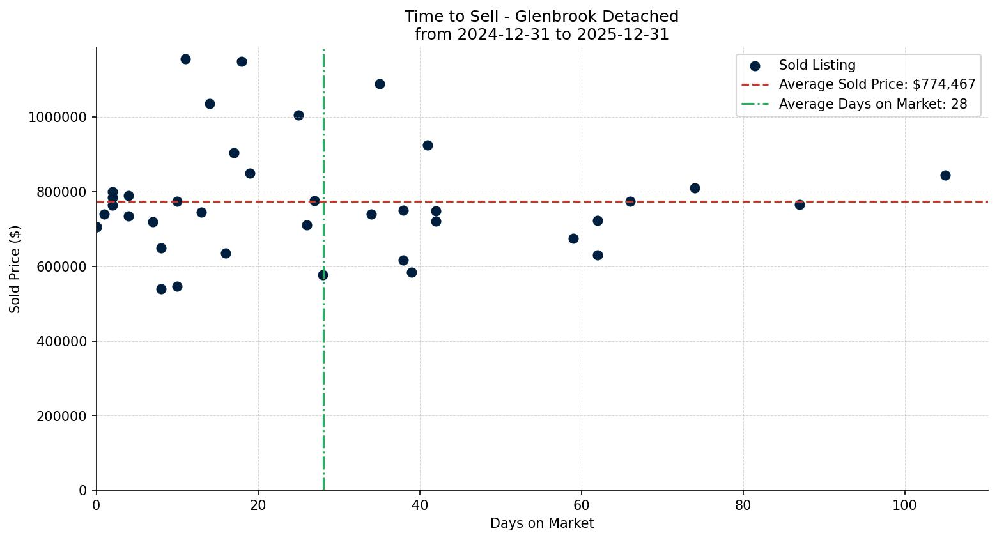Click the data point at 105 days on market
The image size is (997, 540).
tap(945, 175)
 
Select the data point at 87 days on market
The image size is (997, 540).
tap(800, 204)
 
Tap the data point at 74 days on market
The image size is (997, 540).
tap(695, 188)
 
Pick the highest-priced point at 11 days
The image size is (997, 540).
tap(185, 59)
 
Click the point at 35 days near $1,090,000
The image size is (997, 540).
tap(380, 84)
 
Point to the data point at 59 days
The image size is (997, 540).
tap(573, 238)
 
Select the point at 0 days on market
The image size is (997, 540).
tap(97, 227)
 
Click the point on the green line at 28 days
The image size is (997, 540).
tap(323, 275)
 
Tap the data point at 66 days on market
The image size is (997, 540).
tap(630, 201)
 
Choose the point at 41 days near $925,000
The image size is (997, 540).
tap(428, 145)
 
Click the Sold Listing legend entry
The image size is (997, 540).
tap(817, 65)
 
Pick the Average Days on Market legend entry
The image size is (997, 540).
tap(872, 104)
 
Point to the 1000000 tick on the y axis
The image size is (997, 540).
tap(58, 118)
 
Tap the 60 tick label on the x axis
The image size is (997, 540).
tap(582, 505)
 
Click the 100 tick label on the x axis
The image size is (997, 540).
tap(904, 505)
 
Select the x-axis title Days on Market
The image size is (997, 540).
tap(542, 523)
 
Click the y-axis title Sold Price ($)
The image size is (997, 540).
tap(15, 269)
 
